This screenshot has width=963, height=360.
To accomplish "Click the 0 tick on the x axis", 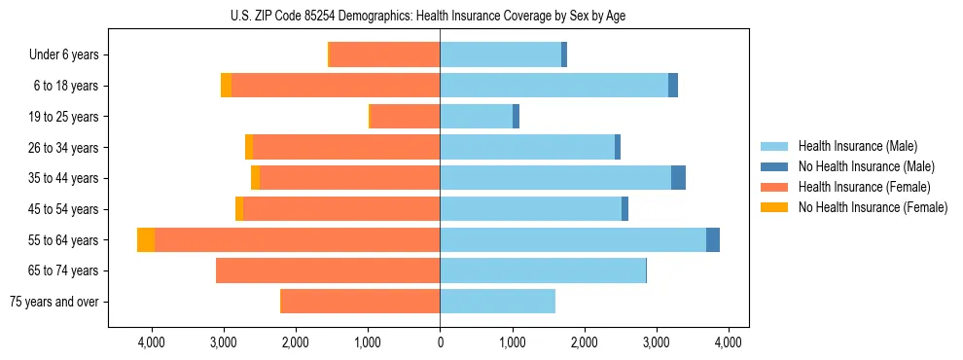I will tap(440, 342).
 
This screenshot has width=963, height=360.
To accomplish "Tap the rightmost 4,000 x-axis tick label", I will tap(729, 342).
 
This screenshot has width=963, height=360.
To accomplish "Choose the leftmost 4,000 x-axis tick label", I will tap(152, 342).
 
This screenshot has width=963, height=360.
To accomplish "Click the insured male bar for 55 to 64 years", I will tap(573, 240).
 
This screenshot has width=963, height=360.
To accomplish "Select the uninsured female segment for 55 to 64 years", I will tap(146, 240).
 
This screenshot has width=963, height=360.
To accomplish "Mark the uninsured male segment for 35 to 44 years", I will tap(678, 178).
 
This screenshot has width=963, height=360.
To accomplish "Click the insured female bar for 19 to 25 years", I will tap(406, 117).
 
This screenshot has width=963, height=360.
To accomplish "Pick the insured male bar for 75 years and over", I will tap(497, 302).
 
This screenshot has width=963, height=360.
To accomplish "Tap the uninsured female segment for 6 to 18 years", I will tap(226, 86).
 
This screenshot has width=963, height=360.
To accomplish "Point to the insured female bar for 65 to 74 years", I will tap(328, 270).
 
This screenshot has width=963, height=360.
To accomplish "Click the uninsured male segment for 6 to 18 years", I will tap(673, 86).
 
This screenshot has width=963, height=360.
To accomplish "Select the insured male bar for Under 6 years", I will tap(500, 55).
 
